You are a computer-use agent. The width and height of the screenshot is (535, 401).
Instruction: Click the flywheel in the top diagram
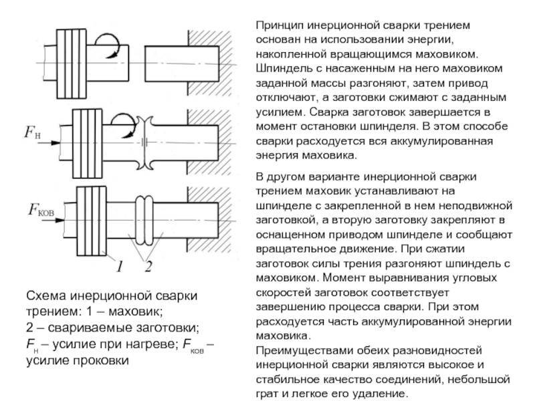pos(72,63)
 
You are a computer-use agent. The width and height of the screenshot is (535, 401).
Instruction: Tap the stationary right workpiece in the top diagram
pos(182,63)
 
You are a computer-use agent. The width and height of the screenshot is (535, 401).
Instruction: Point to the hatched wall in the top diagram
pos(209,63)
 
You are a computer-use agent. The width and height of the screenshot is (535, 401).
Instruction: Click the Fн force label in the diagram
pos(32,132)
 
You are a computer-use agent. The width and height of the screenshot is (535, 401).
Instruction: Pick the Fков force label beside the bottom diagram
pos(41,210)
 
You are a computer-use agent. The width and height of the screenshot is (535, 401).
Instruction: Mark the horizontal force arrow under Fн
pos(49,143)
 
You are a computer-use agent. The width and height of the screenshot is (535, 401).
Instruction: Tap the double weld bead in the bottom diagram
pos(144,221)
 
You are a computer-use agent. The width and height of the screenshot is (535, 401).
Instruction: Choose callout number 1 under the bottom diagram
pos(119,266)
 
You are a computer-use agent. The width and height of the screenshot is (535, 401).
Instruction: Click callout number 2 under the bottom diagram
pos(148,266)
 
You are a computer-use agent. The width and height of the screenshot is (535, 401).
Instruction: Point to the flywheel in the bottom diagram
pos(92,221)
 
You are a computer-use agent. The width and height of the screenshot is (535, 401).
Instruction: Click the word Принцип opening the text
pos(280,25)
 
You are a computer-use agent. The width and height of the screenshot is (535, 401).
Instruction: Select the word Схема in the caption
pos(46,295)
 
